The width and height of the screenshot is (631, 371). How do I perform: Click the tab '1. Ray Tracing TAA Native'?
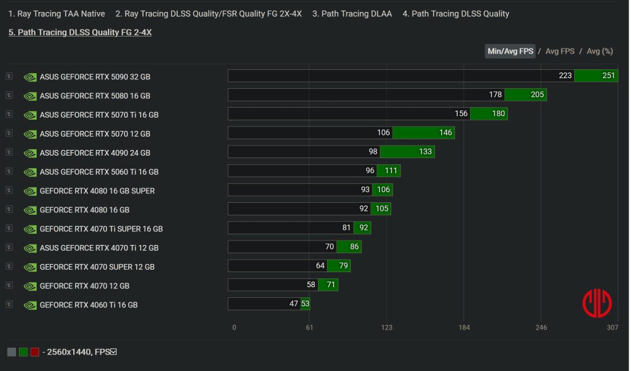point(57,14)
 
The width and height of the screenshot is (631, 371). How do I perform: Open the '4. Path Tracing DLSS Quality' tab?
point(456,14)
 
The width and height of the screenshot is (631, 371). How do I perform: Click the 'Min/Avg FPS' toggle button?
point(510,51)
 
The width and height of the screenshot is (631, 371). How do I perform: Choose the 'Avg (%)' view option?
point(599,51)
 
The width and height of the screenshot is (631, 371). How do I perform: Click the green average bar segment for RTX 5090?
point(596,76)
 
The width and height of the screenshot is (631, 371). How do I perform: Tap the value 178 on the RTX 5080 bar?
point(495,95)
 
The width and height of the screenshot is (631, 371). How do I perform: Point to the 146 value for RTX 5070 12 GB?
point(445,133)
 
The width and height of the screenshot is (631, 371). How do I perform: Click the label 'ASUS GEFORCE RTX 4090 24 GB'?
point(95,152)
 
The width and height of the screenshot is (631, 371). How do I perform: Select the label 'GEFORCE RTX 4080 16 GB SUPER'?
point(97,191)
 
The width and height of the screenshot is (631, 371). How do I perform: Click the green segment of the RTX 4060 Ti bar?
point(305,304)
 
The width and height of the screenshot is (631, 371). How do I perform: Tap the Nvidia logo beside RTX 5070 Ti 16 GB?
point(30,115)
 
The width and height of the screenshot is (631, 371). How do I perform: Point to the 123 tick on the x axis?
point(387,328)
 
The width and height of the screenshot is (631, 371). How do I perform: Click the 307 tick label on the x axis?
point(612,328)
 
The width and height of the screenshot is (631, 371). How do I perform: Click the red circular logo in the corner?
point(596,304)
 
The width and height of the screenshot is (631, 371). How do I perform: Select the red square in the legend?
point(35,352)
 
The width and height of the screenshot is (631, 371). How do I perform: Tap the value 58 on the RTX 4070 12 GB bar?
point(311,285)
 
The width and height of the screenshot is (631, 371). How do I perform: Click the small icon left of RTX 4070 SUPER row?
point(9,266)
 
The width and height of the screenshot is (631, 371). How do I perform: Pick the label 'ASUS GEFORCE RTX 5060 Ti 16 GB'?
point(99,172)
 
